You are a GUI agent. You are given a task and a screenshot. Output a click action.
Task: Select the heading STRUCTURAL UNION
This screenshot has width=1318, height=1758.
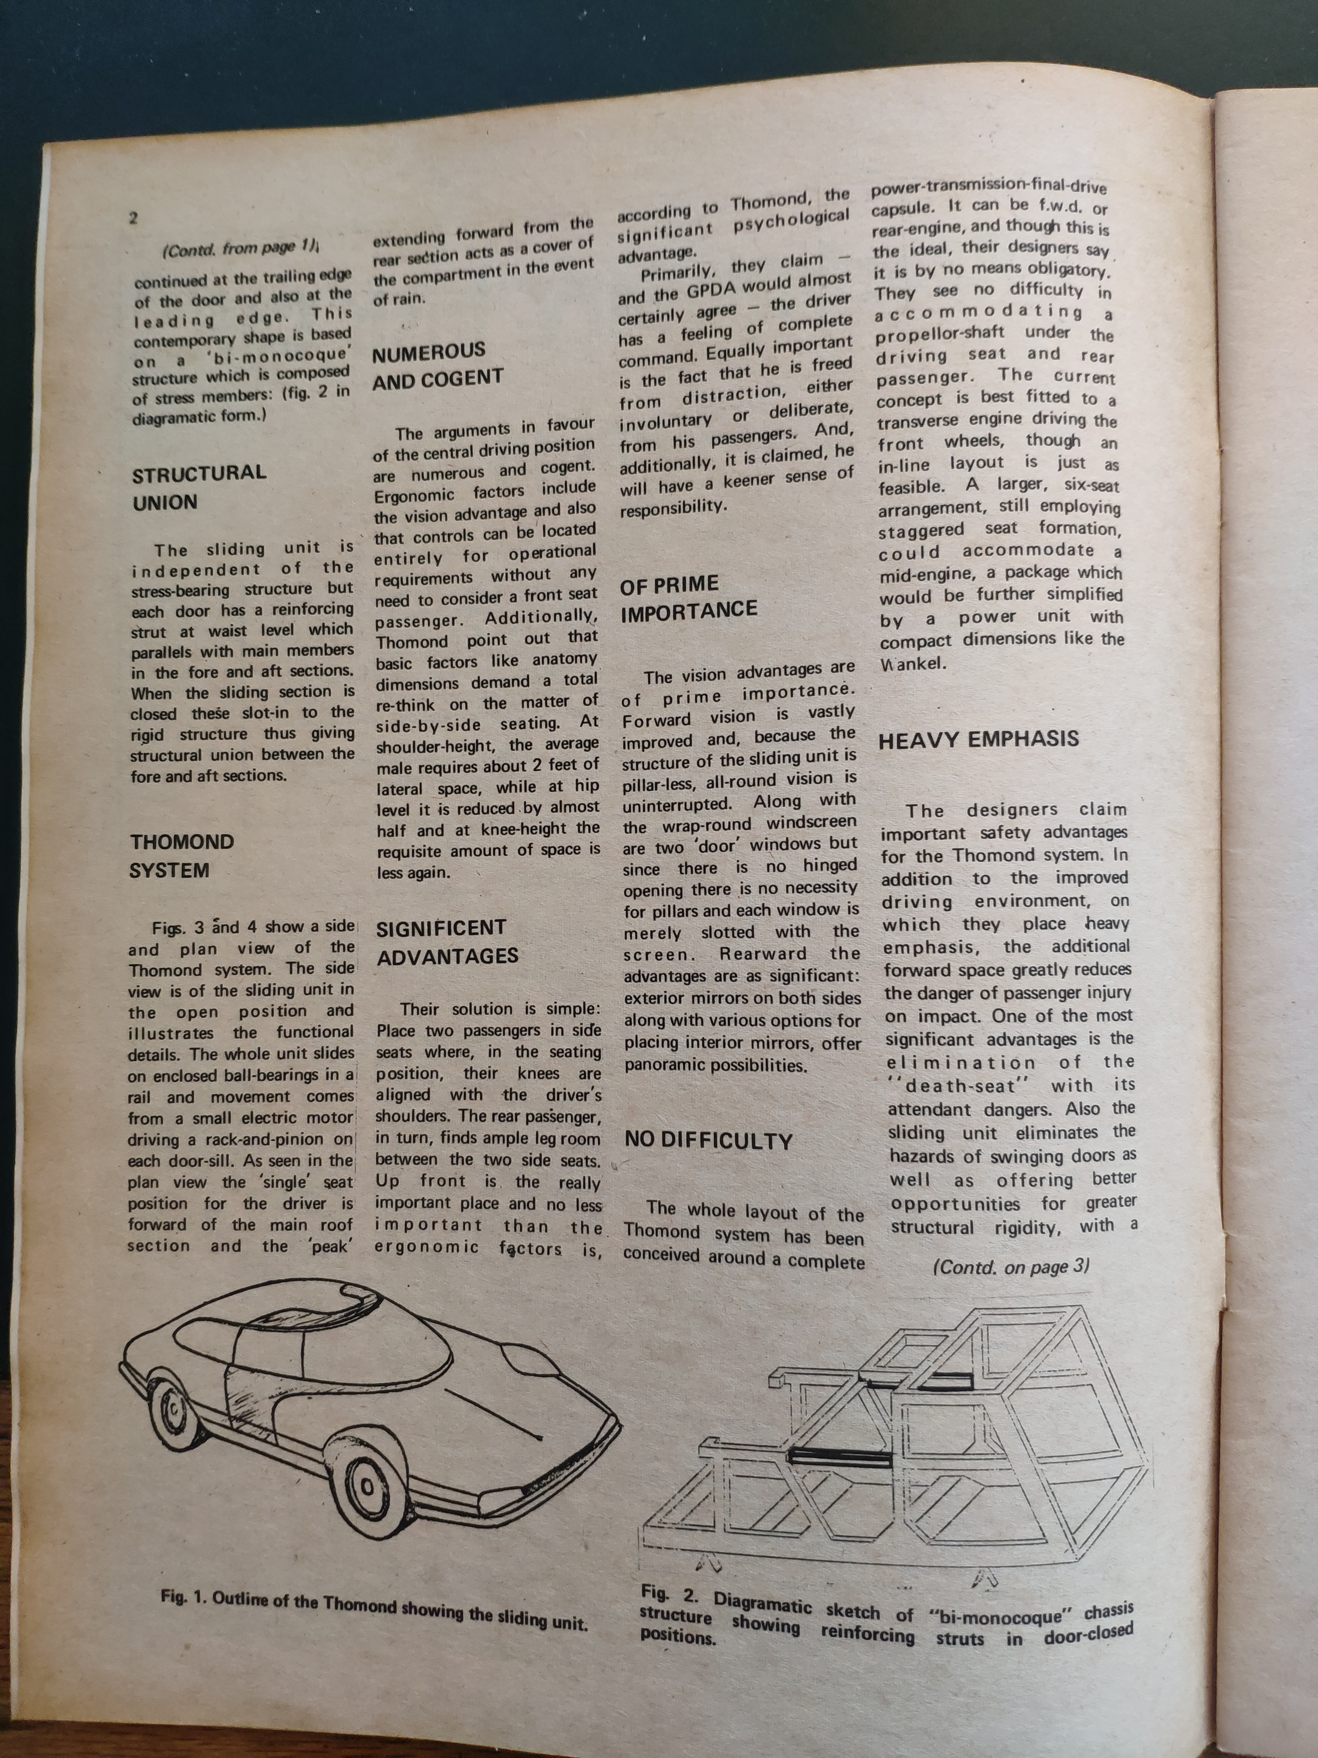point(199,487)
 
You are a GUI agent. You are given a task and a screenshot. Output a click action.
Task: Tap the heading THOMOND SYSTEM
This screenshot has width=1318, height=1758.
point(181,856)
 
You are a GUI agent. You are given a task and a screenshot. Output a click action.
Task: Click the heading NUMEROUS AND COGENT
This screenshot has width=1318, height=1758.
point(438,365)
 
